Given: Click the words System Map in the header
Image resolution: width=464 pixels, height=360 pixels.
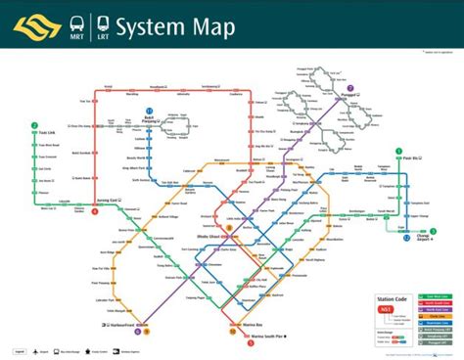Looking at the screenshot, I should tap(175, 27).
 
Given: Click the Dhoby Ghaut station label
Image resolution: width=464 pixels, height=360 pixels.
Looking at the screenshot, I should tap(209, 236).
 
